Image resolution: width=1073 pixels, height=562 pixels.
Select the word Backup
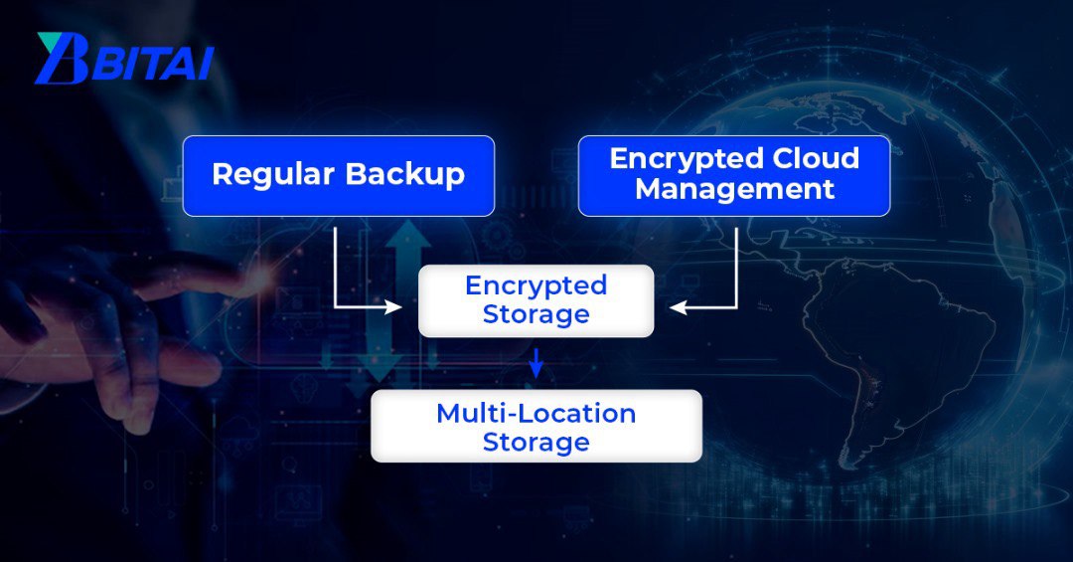[405, 175]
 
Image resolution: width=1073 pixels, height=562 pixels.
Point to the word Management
[734, 189]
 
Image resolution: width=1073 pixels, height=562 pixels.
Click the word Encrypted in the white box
[536, 285]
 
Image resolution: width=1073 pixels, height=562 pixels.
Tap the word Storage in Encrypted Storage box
[536, 314]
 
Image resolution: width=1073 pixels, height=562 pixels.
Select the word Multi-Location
[536, 413]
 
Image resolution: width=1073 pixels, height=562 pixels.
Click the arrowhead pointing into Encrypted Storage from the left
[394, 308]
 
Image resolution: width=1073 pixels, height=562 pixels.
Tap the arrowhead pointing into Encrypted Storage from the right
[678, 308]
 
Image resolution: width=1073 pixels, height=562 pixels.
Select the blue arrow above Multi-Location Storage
[536, 364]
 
